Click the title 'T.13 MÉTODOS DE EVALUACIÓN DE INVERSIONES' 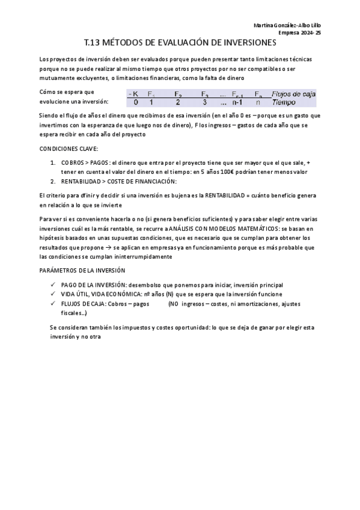(180, 43)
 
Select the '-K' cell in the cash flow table (133, 94)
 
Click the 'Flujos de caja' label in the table (294, 94)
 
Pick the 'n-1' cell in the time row (237, 102)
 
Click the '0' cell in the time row (135, 102)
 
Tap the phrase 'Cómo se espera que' (66, 92)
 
